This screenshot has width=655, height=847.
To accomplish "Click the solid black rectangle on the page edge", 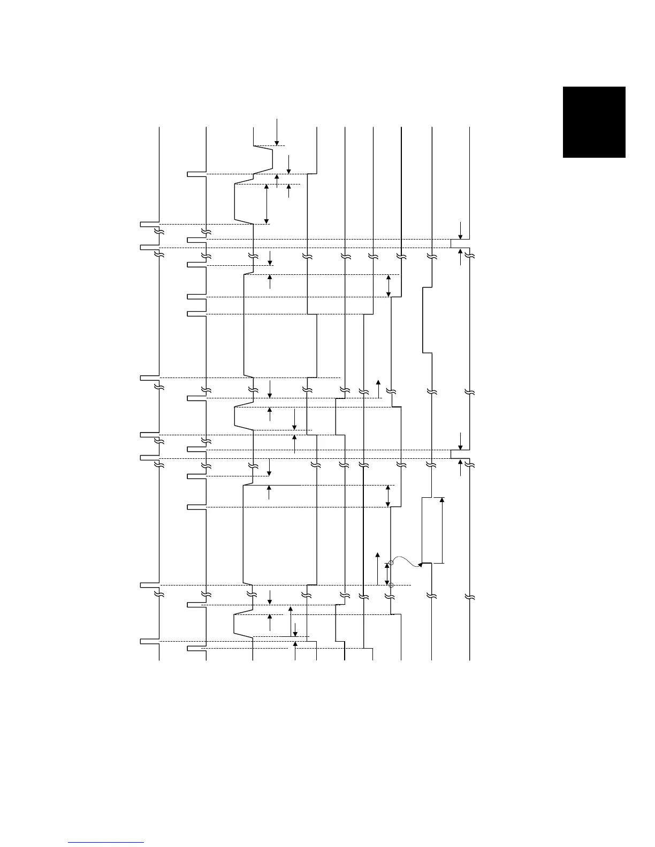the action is [594, 122].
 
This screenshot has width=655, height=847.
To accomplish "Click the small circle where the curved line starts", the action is [391, 562].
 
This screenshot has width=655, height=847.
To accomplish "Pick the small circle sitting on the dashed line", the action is [391, 586].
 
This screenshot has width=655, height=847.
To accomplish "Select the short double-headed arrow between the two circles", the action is [387, 574].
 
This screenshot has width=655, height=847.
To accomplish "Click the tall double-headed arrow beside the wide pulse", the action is [442, 530].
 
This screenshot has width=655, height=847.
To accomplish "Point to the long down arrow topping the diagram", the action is [277, 132].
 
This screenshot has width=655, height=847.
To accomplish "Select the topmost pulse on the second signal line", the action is [196, 174].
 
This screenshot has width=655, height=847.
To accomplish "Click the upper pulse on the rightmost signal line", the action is [460, 243].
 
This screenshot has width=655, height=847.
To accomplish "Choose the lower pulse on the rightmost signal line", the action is [460, 454].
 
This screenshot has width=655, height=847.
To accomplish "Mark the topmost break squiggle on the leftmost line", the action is [158, 232].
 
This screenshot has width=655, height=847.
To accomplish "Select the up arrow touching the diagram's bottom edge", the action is [295, 652].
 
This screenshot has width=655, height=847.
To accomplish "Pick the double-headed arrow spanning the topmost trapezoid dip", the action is [267, 203].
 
